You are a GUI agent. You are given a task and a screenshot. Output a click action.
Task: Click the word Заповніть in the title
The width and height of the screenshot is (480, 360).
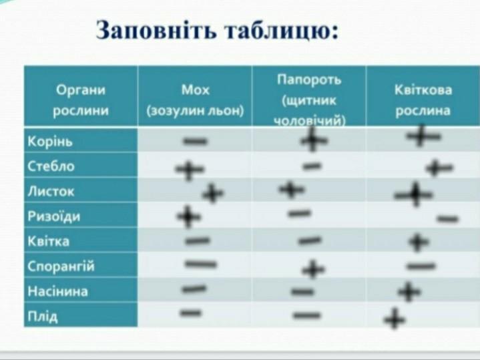tap(156, 30)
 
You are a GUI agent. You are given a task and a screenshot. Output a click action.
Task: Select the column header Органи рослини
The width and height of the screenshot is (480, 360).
tap(81, 100)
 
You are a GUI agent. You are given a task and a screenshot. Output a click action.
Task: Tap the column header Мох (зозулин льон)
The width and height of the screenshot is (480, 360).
tap(195, 100)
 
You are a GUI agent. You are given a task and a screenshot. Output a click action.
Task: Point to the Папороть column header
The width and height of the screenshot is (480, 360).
tap(309, 100)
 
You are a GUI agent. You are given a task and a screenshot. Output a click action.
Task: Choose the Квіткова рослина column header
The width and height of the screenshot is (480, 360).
tap(423, 100)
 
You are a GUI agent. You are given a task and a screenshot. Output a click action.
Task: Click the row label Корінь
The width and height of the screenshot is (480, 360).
tap(50, 141)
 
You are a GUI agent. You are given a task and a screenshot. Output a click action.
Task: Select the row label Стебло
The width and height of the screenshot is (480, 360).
tap(51, 166)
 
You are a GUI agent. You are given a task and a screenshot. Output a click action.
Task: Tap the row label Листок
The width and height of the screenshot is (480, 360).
tap(51, 191)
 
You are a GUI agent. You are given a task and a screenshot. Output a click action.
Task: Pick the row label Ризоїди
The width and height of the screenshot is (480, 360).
tap(54, 216)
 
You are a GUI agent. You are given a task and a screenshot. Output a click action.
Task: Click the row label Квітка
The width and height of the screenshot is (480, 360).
tap(48, 241)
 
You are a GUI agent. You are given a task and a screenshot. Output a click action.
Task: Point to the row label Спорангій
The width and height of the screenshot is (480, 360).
tap(61, 266)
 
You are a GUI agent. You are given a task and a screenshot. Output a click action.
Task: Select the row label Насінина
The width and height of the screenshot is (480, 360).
tap(57, 291)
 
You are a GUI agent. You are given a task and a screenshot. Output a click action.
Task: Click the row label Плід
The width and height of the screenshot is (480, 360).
tap(43, 316)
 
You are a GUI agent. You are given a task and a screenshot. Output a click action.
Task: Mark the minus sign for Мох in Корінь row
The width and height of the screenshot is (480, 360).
tap(196, 141)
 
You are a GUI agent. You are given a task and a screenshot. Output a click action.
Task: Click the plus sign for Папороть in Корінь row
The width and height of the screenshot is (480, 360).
tap(314, 140)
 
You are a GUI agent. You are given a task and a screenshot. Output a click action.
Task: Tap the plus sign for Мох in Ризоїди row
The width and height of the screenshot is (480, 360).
tap(188, 216)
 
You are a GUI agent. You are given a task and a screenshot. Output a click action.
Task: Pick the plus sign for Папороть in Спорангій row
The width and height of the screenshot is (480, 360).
tap(313, 270)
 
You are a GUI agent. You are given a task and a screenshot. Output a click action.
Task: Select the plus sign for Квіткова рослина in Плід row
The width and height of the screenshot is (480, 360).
tap(395, 319)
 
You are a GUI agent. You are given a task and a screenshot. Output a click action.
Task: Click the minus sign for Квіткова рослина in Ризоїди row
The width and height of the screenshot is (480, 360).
tap(447, 219)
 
